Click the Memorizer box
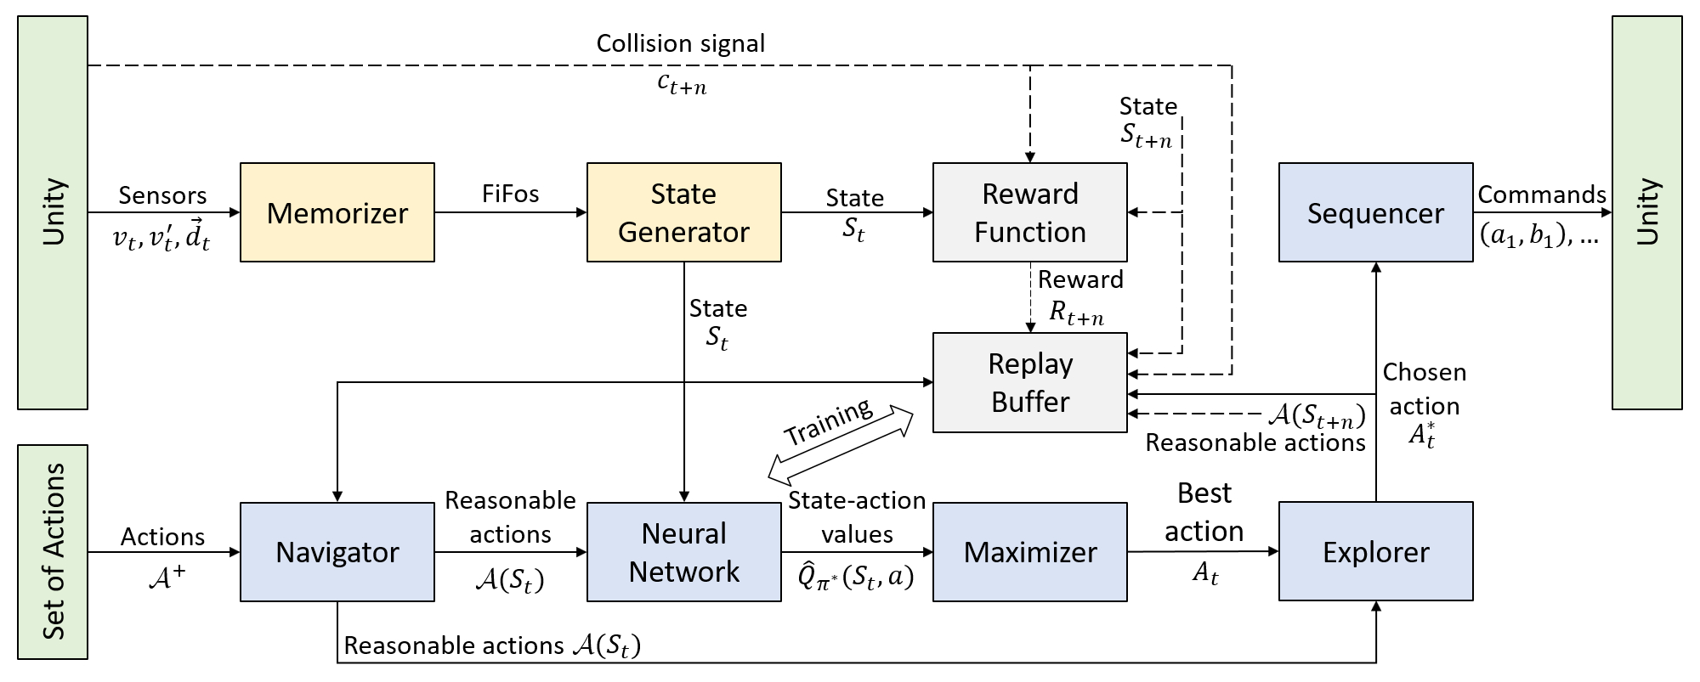coord(337,212)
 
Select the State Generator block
coord(683,212)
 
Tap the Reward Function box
coord(1029,212)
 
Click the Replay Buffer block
coord(1029,382)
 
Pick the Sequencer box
coord(1375,212)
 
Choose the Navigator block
coord(337,552)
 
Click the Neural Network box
coord(683,552)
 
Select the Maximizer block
coord(1029,552)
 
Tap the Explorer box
coord(1375,552)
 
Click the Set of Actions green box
coord(53,551)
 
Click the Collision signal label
coord(680,43)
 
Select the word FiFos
coord(510,194)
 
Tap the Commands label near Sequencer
coord(1541,194)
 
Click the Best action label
coord(1204,512)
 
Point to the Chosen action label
coord(1425,389)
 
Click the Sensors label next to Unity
coord(162,195)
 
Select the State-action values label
coord(857,516)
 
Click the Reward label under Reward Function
coord(1080,279)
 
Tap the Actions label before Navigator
coord(162,537)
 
